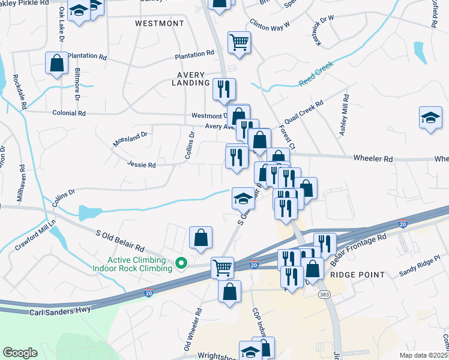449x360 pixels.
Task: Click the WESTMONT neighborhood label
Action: pos(159,23)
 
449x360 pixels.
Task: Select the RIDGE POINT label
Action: pos(357,274)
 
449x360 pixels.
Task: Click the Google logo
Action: pos(20,353)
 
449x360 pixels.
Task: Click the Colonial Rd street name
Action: pos(69,113)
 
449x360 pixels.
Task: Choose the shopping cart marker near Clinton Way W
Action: pos(239,43)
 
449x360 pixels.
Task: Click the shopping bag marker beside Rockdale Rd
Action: pos(56,63)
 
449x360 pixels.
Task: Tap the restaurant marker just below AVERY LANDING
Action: pos(224,89)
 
